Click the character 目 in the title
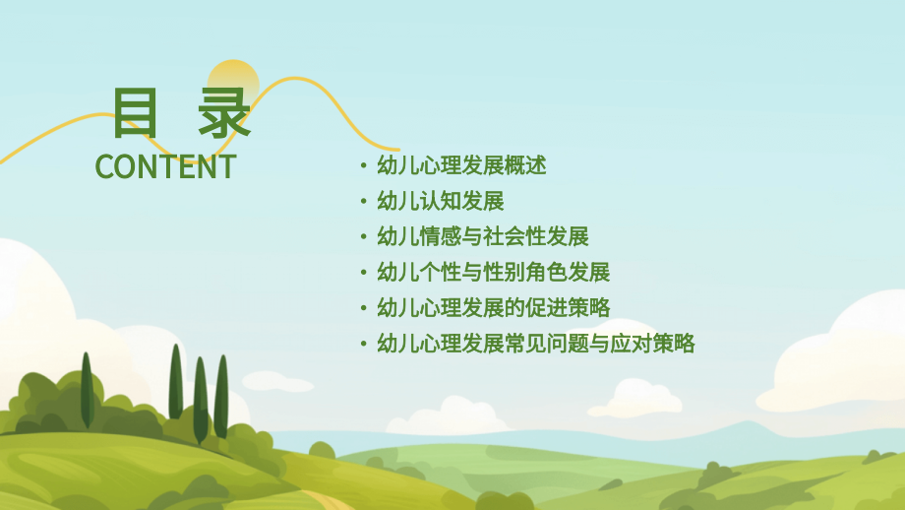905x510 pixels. (x=136, y=114)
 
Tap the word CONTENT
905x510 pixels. (x=165, y=166)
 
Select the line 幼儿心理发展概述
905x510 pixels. (x=461, y=165)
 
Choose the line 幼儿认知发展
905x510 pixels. (x=440, y=201)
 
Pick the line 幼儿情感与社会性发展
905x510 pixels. (x=482, y=236)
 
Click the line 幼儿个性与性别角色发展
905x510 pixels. (x=493, y=272)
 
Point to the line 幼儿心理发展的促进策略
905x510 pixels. (x=493, y=307)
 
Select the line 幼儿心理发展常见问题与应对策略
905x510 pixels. (x=536, y=343)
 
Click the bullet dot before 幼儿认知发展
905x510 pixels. (x=364, y=202)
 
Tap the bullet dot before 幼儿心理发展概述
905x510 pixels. (x=364, y=166)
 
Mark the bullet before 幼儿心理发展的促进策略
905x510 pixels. (x=364, y=308)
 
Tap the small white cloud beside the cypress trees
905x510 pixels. (x=276, y=380)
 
